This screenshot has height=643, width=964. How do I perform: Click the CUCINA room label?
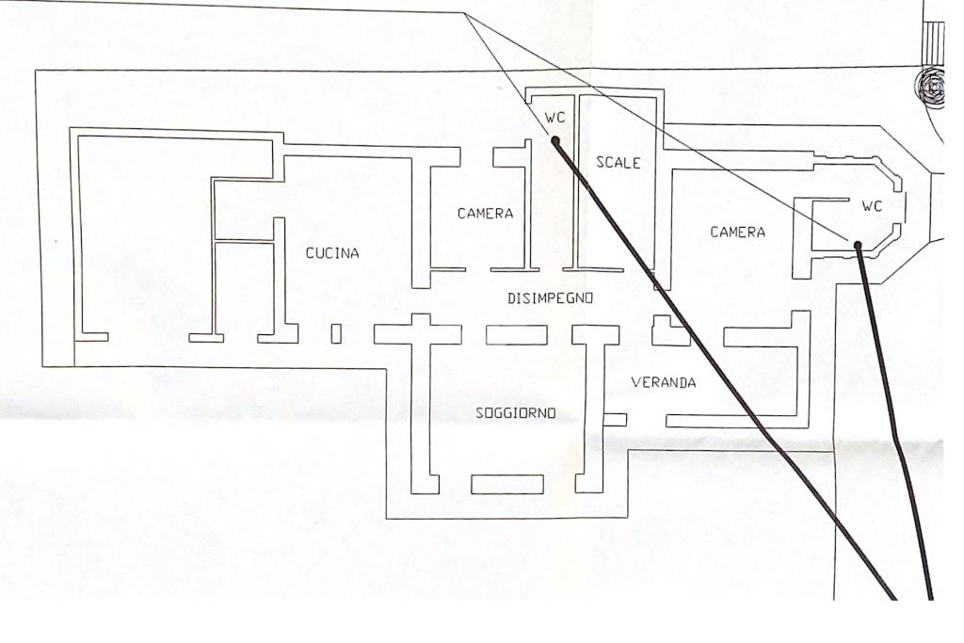[x=332, y=252]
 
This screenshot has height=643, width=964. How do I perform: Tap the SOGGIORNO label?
[x=515, y=413]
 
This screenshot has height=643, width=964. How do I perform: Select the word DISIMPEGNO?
[x=550, y=298]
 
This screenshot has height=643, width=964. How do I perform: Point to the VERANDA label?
[x=664, y=382]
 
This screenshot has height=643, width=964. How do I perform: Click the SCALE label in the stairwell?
[x=619, y=162]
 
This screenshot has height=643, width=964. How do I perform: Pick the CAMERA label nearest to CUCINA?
[x=485, y=214]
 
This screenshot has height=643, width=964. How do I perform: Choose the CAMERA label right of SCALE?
[x=738, y=232]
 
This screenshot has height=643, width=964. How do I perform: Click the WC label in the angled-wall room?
[x=872, y=206]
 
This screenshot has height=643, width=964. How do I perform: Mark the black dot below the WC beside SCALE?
[x=555, y=141]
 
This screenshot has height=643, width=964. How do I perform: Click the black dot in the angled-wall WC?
[x=858, y=246]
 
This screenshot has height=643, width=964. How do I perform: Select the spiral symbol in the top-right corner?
[x=929, y=88]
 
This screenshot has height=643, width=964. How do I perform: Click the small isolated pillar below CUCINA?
[x=336, y=334]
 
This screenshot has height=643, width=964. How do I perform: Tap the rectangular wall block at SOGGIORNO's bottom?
[x=507, y=485]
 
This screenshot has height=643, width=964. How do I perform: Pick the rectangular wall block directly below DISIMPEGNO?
[x=517, y=335]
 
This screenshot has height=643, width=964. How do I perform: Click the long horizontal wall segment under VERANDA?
[x=737, y=421]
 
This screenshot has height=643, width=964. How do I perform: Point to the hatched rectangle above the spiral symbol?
[x=933, y=41]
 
